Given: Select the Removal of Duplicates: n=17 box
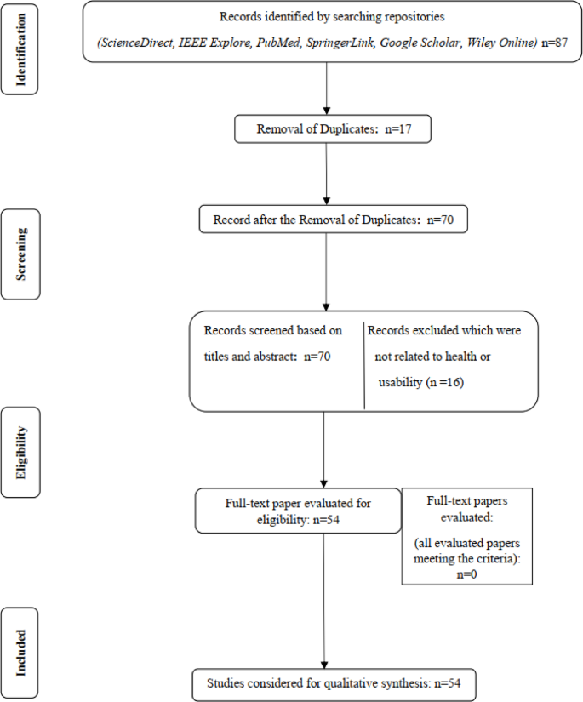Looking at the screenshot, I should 327,130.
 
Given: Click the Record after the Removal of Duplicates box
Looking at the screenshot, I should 333,220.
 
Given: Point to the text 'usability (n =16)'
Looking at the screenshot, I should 421,383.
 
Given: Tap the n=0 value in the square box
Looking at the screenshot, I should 466,574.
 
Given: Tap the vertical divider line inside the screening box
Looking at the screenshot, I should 364,364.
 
